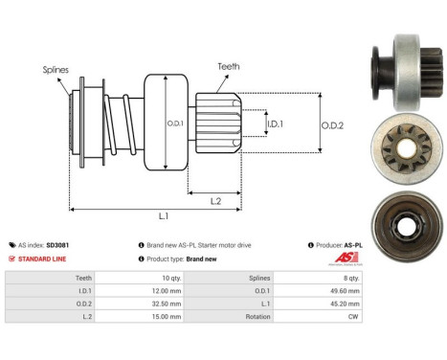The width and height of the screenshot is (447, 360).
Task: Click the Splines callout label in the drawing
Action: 55,70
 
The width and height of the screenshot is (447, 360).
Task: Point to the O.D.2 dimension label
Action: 332,123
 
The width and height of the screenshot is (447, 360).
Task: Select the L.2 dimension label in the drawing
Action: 215,199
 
